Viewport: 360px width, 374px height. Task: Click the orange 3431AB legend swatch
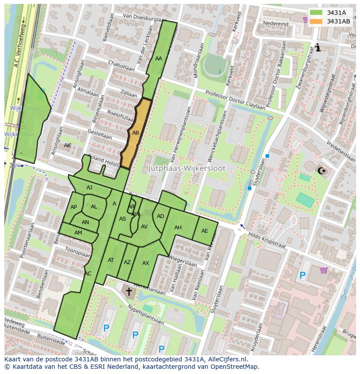tap(316, 21)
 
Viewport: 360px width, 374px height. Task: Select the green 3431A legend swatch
tap(316, 13)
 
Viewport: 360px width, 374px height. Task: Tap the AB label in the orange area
tap(136, 133)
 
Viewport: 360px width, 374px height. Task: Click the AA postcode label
tap(159, 58)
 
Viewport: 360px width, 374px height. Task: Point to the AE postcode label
tap(205, 231)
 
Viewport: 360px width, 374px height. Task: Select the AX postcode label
tap(146, 263)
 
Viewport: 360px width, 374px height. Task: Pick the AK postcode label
tap(67, 145)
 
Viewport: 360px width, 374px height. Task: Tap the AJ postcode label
tap(89, 188)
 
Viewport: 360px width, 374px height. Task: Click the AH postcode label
tap(178, 228)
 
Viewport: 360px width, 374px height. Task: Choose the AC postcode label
tap(88, 274)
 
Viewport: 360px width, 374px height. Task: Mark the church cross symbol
tap(129, 291)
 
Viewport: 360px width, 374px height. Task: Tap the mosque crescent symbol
tap(322, 170)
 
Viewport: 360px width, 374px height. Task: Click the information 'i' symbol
tap(318, 47)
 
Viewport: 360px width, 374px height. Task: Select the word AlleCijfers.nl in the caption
tap(226, 359)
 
